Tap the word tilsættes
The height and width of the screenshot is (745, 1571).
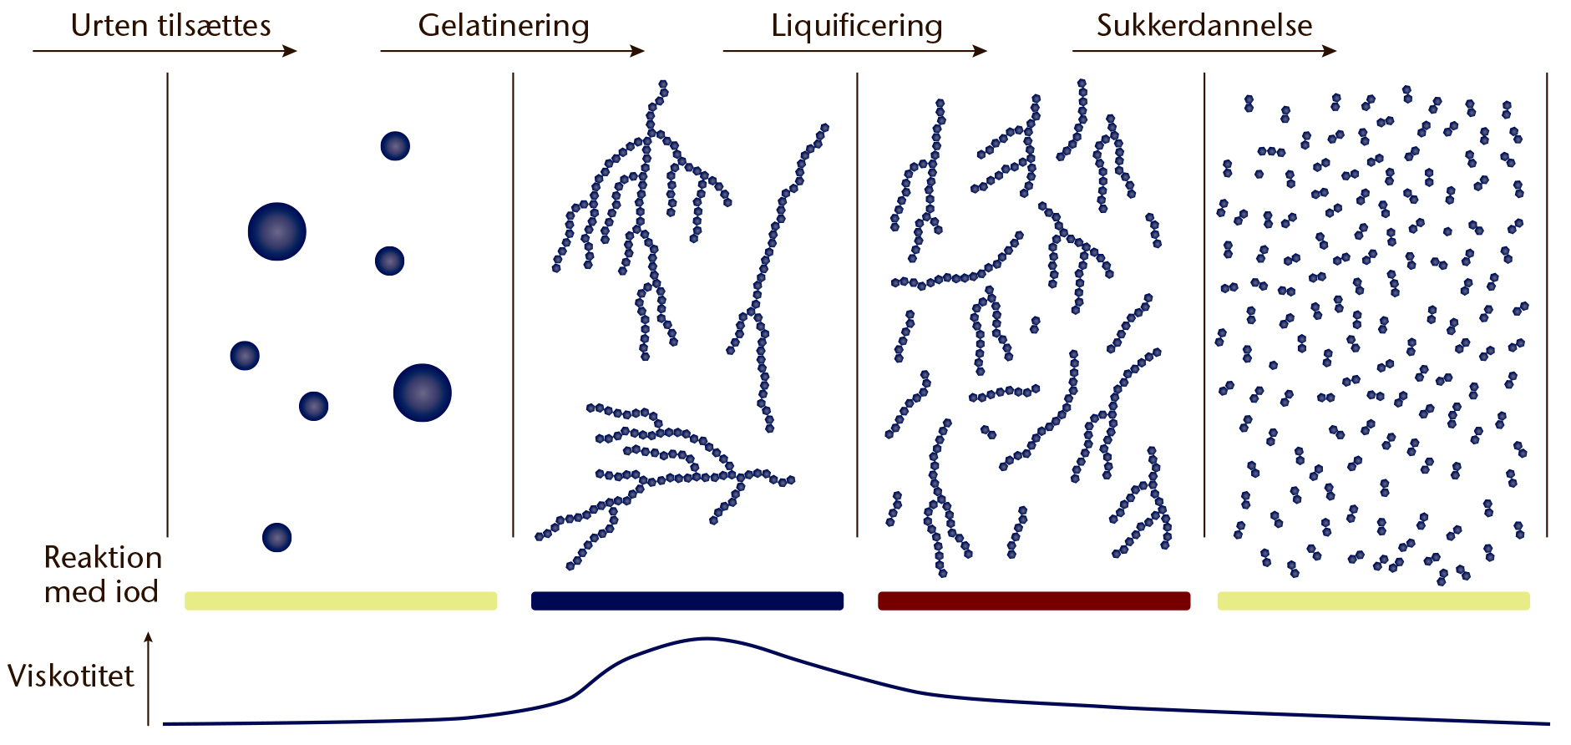tap(214, 26)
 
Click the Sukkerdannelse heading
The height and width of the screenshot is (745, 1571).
tap(1204, 26)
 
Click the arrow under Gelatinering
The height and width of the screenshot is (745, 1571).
tap(513, 51)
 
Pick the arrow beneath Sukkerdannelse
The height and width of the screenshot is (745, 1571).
tap(1204, 51)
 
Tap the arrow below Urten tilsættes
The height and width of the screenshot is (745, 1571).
tap(165, 51)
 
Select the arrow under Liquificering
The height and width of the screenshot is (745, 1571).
tap(855, 51)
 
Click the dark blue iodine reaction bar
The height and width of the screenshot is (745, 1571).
tap(687, 601)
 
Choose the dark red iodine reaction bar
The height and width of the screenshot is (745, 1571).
tap(1034, 601)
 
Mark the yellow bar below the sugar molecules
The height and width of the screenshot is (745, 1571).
tap(1374, 601)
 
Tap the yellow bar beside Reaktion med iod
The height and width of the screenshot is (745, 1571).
tap(341, 601)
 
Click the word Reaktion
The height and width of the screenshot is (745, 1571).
tap(103, 557)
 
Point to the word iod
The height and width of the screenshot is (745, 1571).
tap(136, 591)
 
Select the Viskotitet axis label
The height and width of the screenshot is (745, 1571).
tap(71, 676)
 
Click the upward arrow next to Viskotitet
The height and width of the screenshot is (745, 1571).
tap(149, 678)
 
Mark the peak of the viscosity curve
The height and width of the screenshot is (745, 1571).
tap(707, 639)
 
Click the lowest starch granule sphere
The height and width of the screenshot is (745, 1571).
tap(277, 537)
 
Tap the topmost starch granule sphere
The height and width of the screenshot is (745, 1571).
tap(395, 146)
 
